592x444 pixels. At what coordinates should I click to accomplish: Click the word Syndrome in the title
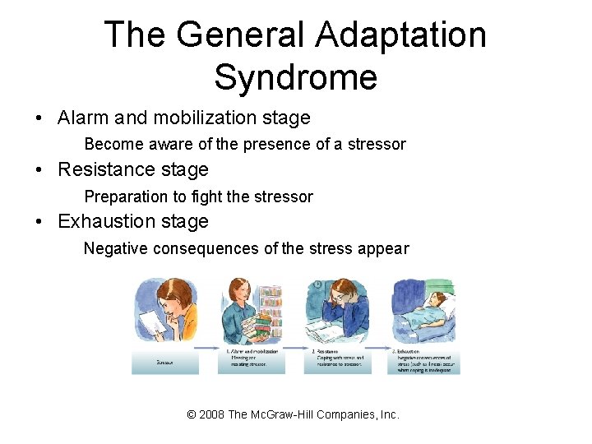(x=295, y=77)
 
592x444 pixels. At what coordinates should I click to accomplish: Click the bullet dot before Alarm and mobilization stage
(x=40, y=118)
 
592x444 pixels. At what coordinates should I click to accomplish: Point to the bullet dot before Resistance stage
(x=40, y=170)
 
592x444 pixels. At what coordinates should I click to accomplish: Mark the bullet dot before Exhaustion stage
(x=40, y=222)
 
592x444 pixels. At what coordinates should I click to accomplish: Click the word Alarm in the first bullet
(x=84, y=118)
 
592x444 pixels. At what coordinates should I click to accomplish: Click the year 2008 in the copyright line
(x=211, y=414)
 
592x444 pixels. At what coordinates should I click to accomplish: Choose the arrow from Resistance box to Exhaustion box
(x=379, y=349)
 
